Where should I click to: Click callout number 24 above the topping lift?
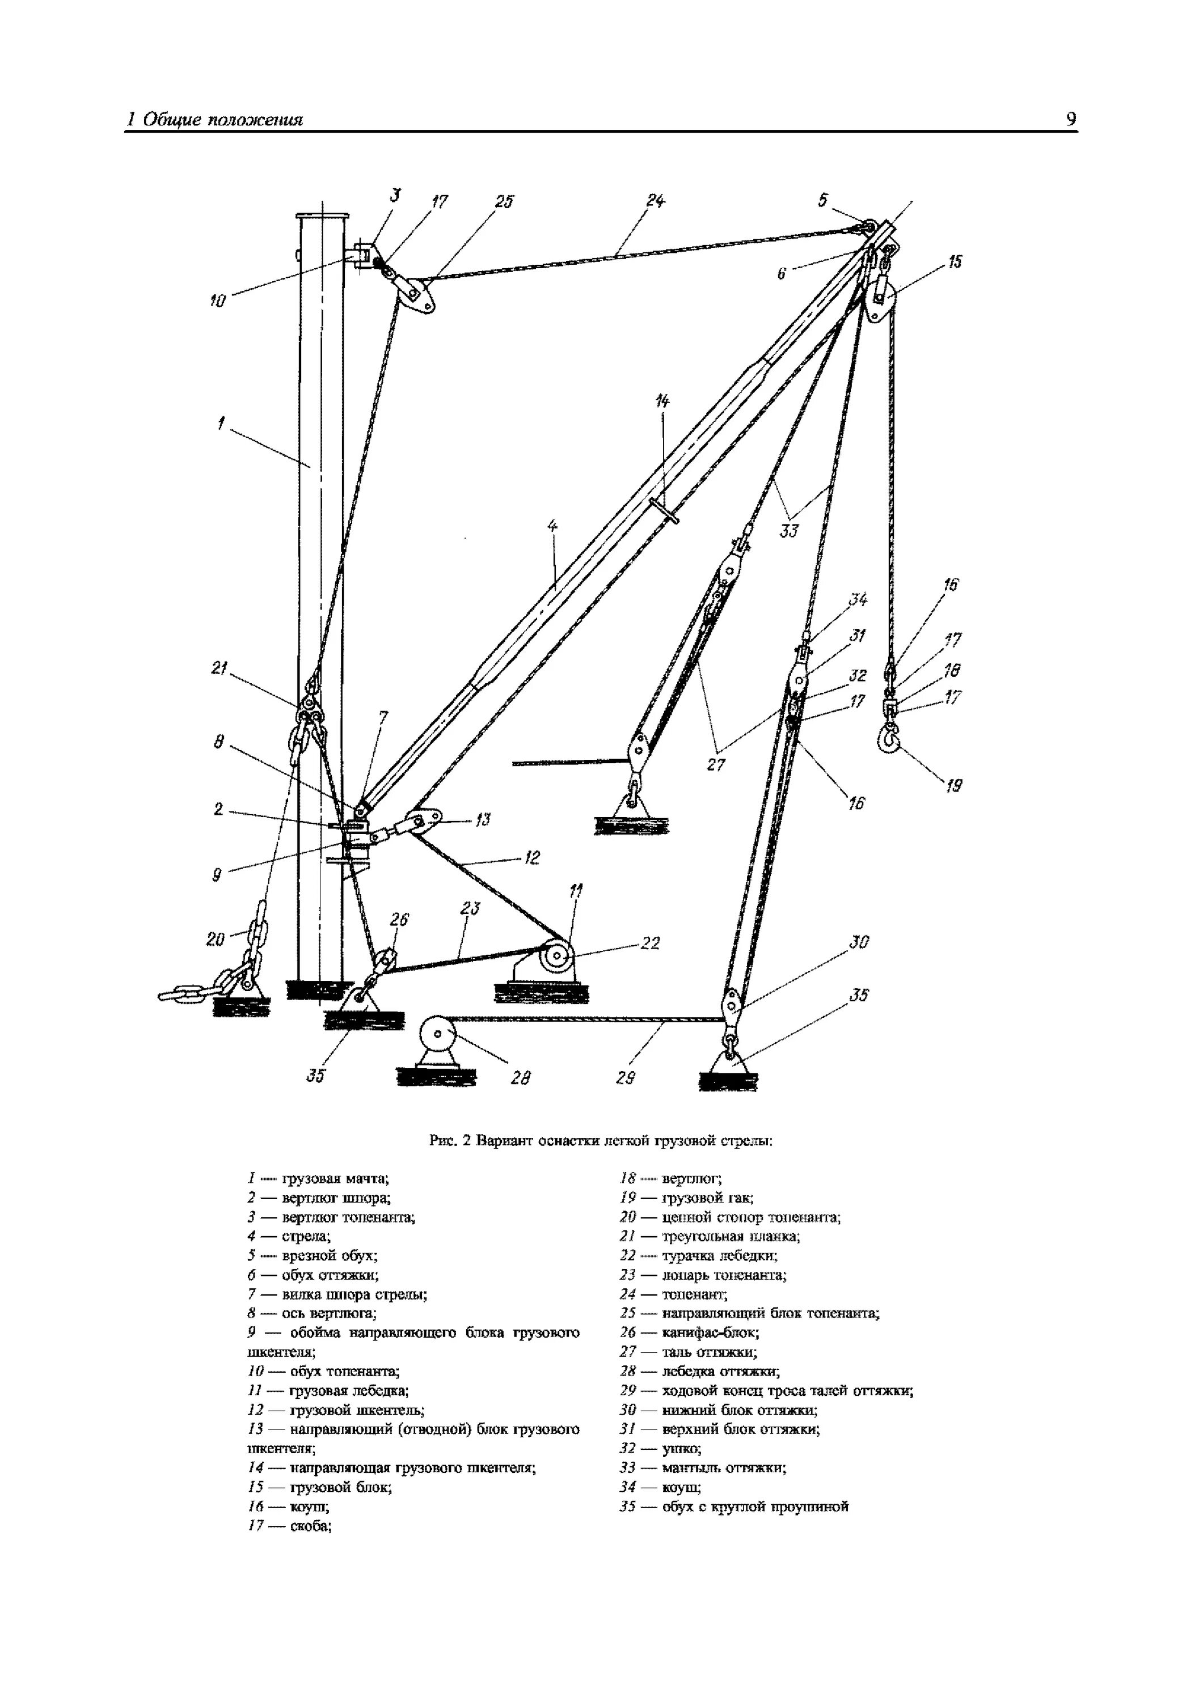click(x=655, y=201)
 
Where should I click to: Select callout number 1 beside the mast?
click(x=220, y=424)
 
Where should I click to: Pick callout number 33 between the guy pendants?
click(x=790, y=531)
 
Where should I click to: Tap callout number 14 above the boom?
click(x=662, y=401)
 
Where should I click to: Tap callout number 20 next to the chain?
click(x=215, y=940)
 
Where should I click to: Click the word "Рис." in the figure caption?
click(x=442, y=1141)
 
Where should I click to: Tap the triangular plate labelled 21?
click(x=309, y=716)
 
